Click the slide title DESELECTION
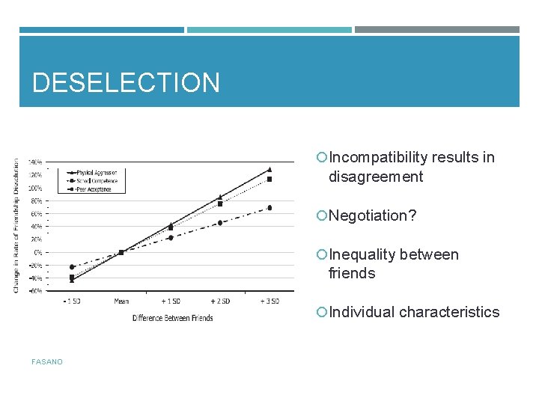pos(126,82)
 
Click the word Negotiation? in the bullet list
pos(372,215)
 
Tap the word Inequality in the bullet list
pos(362,254)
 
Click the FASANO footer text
pos(47,362)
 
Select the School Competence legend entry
pos(98,180)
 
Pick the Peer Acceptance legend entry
pos(97,189)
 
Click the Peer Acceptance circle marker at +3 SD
pos(269,208)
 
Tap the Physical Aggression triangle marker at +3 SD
pos(269,170)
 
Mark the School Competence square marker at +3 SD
pos(269,180)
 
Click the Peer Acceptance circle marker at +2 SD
pos(220,223)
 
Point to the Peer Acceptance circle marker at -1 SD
pos(72,267)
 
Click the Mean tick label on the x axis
pos(121,301)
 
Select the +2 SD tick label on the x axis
pos(220,301)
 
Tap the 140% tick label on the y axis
pos(35,162)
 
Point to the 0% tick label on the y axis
pos(37,252)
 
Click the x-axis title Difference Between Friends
pos(172,318)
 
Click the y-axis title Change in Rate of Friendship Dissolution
pos(16,224)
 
